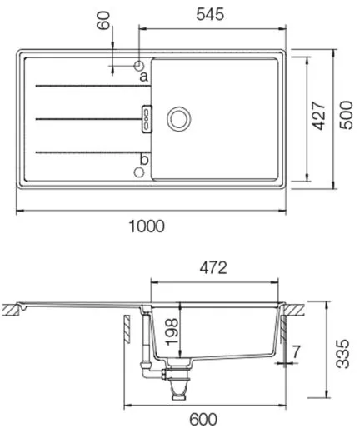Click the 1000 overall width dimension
148,226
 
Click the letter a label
143,77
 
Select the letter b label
143,159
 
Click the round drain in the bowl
177,118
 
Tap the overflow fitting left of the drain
146,118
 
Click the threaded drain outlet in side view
177,387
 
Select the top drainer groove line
83,84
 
